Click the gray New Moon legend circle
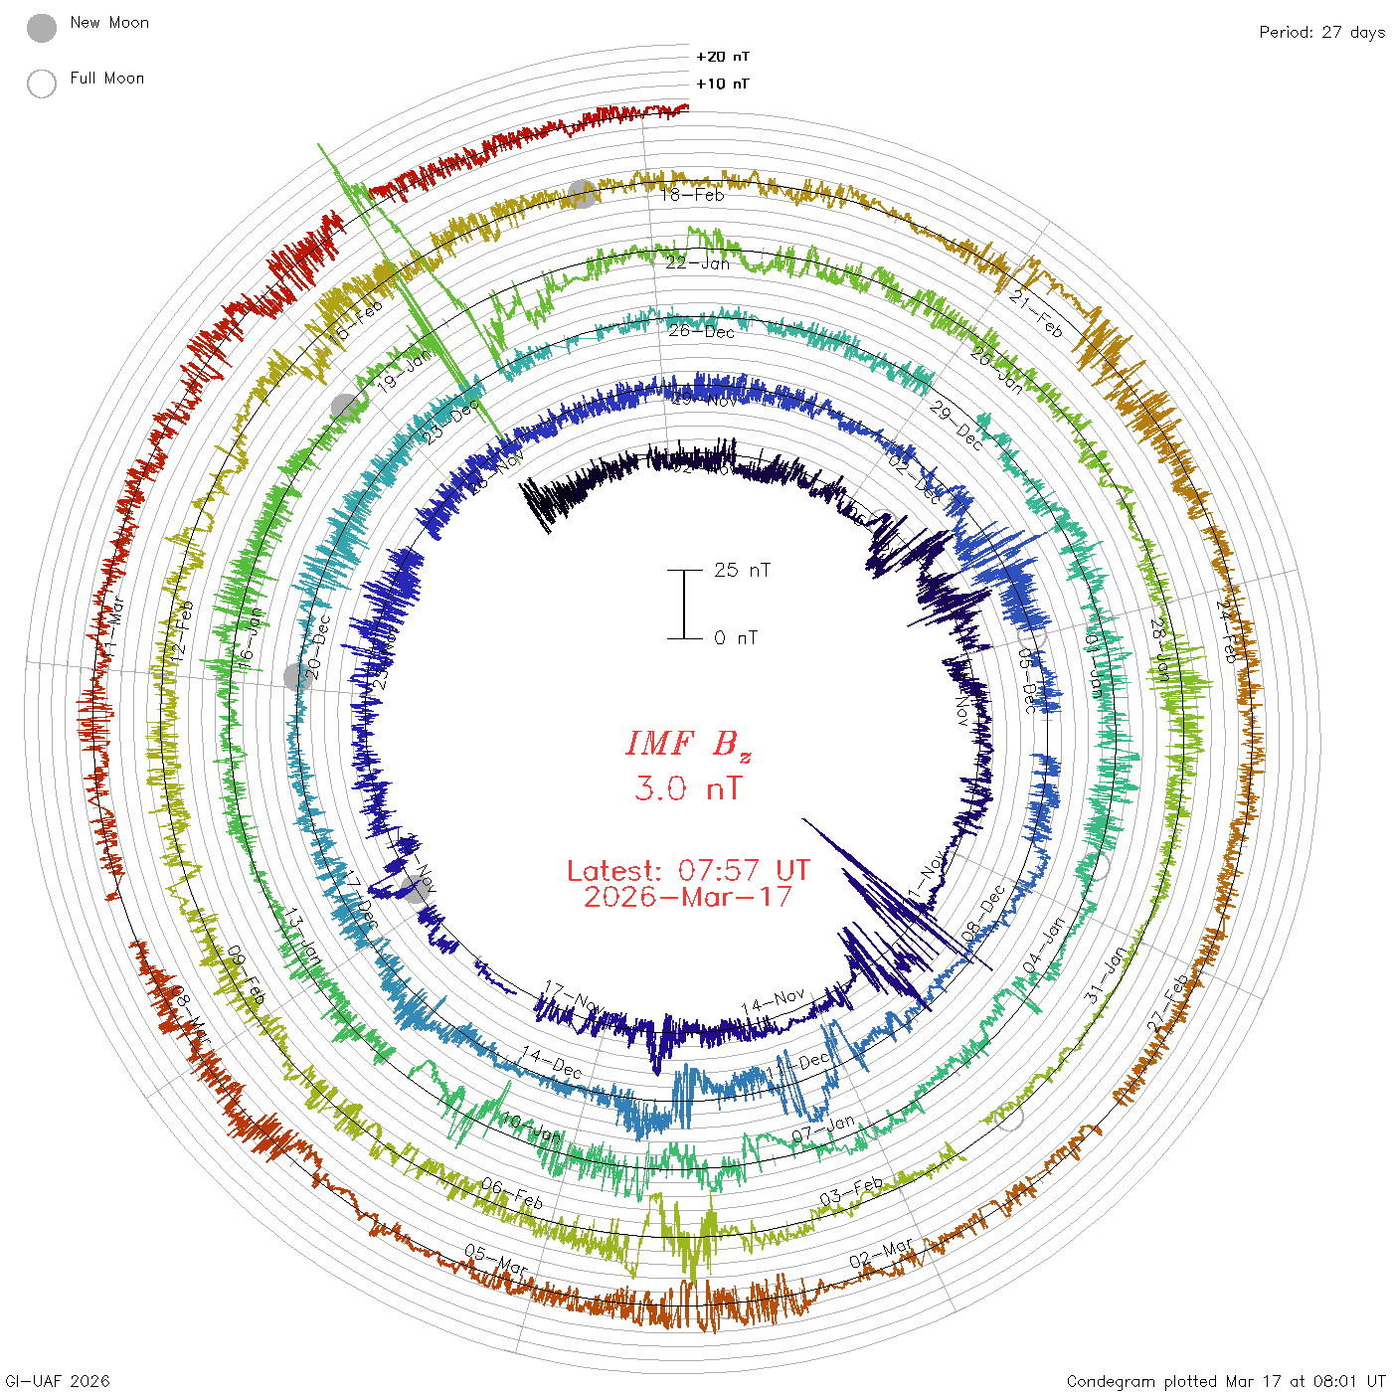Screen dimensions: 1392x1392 coord(42,29)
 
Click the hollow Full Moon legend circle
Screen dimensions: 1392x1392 coord(42,84)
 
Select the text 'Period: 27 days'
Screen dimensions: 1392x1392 coord(1321,33)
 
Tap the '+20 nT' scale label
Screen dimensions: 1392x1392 coord(723,57)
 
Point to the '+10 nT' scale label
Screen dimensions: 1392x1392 coord(723,84)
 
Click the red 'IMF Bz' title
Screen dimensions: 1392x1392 coord(688,745)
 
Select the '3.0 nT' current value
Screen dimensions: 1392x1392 coord(688,789)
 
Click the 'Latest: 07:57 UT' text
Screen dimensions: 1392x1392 coord(688,871)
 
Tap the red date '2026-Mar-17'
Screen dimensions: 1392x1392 coord(688,897)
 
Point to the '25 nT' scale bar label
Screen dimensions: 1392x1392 coord(742,570)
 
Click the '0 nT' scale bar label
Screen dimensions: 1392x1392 coord(736,638)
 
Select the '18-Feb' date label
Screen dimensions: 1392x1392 coord(693,195)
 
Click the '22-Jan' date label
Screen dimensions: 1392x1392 coord(697,263)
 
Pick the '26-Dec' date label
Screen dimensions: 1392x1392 coord(701,331)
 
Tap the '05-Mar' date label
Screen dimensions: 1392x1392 coord(495,1259)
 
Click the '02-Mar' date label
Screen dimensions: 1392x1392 coord(881,1254)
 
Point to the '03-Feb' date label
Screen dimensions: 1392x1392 coord(851,1191)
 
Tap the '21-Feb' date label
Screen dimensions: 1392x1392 coord(1035,313)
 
